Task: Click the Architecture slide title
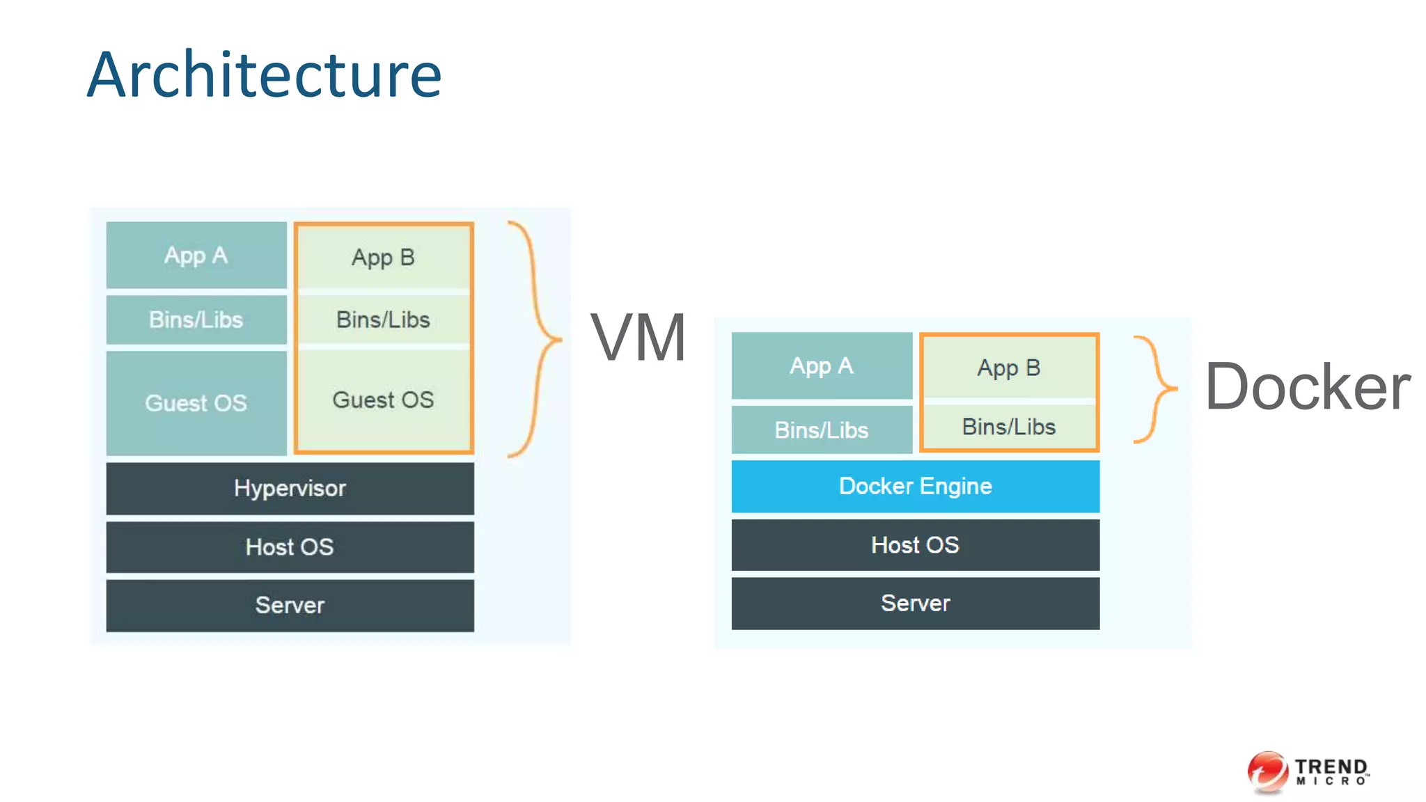click(265, 74)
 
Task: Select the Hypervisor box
click(290, 488)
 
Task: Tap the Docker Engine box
click(915, 486)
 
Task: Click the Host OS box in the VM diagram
click(290, 547)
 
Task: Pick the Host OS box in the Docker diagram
click(915, 545)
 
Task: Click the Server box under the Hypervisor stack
click(290, 605)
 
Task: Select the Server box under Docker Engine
click(915, 603)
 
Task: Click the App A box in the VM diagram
click(196, 255)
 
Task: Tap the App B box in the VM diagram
click(383, 258)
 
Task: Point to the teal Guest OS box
click(196, 403)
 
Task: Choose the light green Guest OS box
click(383, 400)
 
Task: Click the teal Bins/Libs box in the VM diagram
click(196, 320)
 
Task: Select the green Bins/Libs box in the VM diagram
click(383, 320)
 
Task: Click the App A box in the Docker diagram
click(822, 365)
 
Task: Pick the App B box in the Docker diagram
click(1009, 368)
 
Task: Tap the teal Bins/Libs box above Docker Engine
click(822, 430)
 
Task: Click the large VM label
click(638, 338)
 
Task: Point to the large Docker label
click(1308, 388)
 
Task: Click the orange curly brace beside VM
click(536, 339)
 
